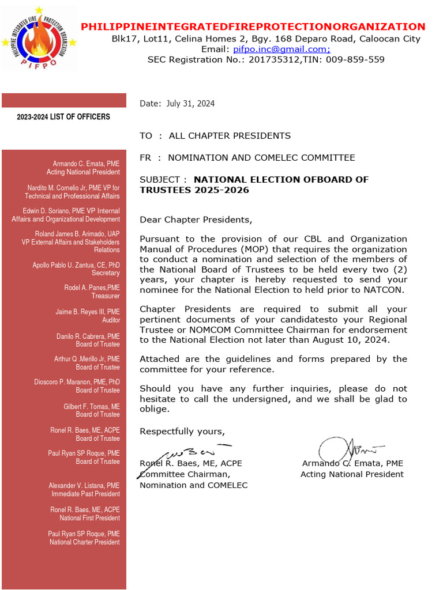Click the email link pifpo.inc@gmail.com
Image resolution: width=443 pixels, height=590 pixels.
281,49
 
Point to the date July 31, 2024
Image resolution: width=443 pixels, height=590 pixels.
190,104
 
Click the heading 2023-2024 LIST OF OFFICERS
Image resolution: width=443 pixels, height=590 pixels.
63,117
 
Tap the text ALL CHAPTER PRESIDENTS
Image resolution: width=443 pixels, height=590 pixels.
230,136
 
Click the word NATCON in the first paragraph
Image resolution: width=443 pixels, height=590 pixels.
387,290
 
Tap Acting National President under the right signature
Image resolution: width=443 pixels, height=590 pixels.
352,474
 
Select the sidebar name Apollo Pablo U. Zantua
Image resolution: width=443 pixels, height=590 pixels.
76,265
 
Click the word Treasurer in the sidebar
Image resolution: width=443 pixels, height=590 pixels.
106,296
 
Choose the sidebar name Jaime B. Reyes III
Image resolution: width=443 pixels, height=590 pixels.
88,312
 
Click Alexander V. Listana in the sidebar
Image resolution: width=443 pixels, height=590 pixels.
84,486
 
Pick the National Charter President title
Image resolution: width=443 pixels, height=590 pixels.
85,542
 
